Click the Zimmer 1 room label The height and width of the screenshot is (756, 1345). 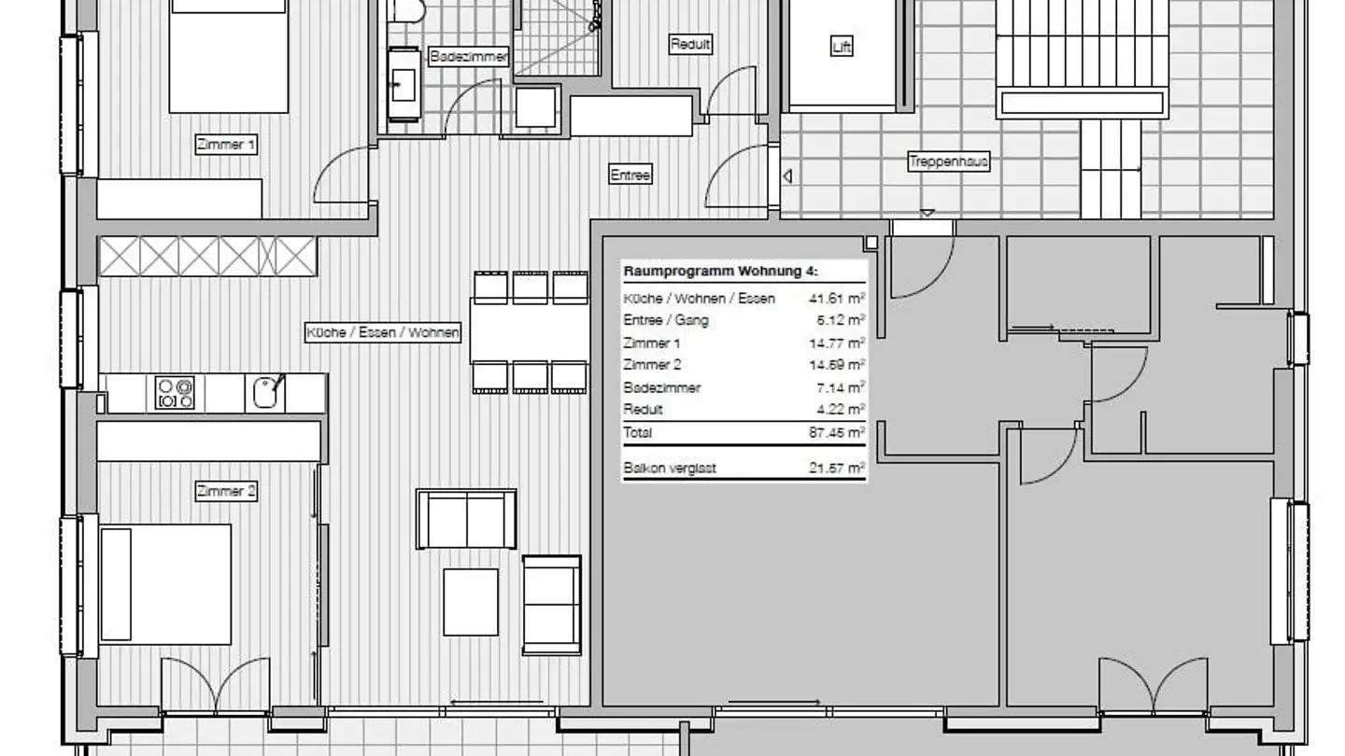point(226,145)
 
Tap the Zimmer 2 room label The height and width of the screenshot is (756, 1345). point(226,491)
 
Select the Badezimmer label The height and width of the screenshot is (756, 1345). point(469,57)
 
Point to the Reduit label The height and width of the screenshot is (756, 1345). point(690,44)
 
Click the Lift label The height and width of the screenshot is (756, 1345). point(842,47)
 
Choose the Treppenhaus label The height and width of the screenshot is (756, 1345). point(948,161)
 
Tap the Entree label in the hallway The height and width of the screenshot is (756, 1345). point(630,175)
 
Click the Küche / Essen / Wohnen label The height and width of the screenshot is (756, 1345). point(384,332)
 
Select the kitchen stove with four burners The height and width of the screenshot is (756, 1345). point(175,393)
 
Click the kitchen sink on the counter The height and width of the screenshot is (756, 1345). point(266,392)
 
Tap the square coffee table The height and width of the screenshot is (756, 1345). point(470,602)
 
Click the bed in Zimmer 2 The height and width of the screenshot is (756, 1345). point(165,583)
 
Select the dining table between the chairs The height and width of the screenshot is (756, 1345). point(530,331)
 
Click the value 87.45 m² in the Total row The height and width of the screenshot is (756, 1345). point(836,432)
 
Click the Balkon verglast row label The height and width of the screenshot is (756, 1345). point(669,469)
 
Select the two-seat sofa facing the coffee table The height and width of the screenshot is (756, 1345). point(466,519)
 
